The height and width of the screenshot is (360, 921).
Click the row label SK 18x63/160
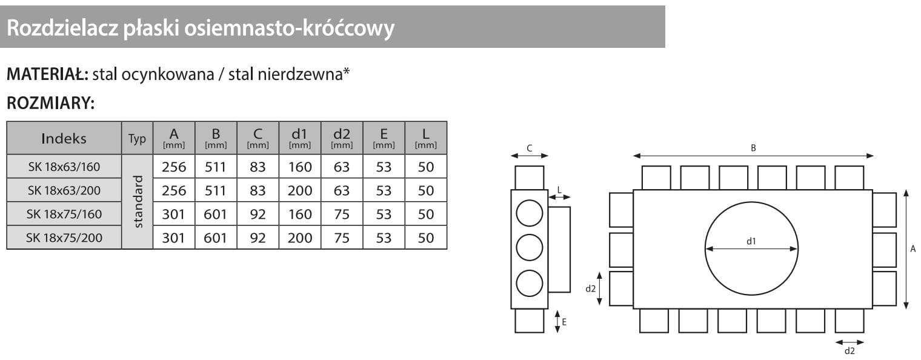(64, 167)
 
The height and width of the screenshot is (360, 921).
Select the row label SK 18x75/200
(64, 238)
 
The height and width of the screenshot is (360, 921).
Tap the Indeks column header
(64, 138)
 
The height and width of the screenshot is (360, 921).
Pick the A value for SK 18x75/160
(173, 214)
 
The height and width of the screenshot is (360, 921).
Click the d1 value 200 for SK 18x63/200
(300, 190)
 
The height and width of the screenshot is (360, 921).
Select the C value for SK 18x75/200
(258, 238)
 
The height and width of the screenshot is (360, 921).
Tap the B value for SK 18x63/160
(216, 167)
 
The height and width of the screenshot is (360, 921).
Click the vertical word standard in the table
(138, 202)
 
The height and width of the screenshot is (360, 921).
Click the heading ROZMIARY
(50, 104)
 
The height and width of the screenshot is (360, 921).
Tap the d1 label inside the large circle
(751, 241)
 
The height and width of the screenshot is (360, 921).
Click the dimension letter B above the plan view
(753, 148)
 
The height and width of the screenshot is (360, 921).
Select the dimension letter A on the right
(913, 248)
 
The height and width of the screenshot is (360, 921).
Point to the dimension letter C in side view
(529, 148)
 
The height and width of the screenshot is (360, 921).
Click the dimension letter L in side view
(559, 190)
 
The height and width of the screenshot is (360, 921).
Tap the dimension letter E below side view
(564, 322)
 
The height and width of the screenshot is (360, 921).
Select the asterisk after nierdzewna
(347, 72)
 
